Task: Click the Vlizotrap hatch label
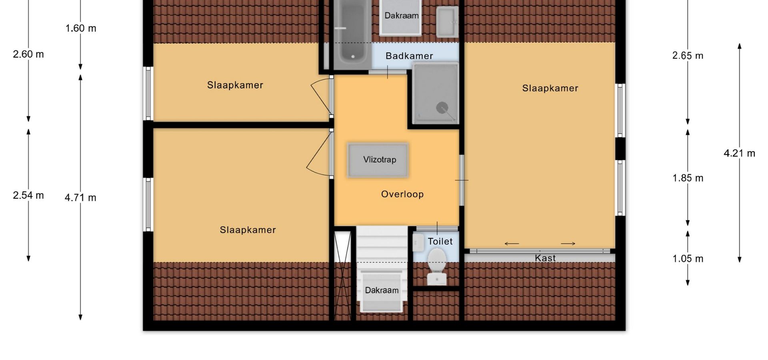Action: tap(380, 160)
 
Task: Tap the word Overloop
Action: tap(402, 194)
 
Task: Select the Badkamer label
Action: tap(409, 56)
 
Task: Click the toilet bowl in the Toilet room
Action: tap(437, 266)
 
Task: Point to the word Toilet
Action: tap(440, 241)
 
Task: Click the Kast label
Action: tap(545, 258)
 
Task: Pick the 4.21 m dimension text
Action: tap(739, 153)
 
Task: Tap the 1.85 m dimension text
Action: tap(688, 178)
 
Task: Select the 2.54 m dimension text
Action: tap(28, 195)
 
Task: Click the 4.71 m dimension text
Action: tap(80, 198)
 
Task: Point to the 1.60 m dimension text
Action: tap(81, 28)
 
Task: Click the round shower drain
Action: tap(442, 108)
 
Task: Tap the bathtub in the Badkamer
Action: tap(352, 34)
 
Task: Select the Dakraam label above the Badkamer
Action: tap(402, 16)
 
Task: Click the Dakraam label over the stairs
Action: tap(382, 290)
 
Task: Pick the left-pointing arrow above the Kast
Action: tap(512, 244)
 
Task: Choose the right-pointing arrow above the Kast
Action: tap(568, 244)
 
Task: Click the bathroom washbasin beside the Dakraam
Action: tap(447, 22)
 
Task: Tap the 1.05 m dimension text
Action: tap(688, 259)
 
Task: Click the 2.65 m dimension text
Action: tap(688, 56)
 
